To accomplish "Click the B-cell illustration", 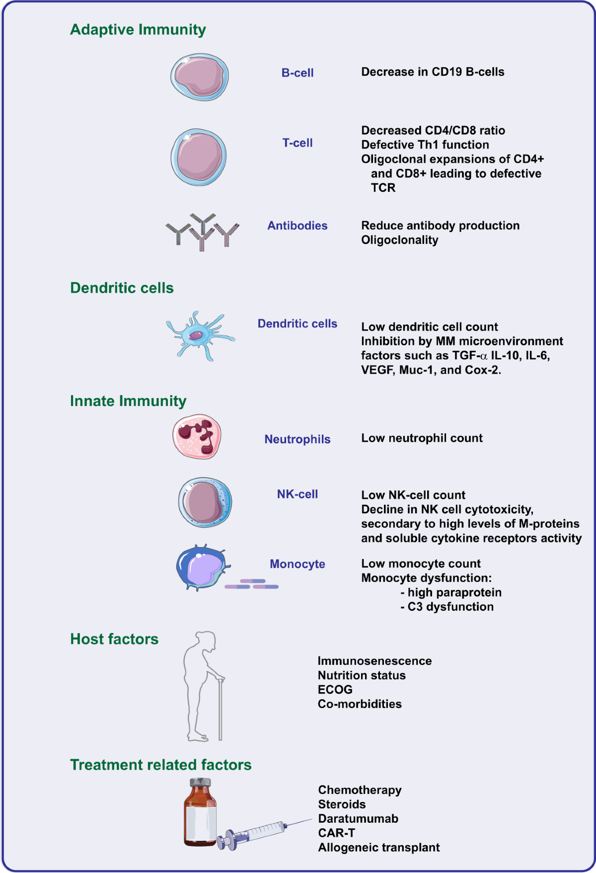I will (200, 77).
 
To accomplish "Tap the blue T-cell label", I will (298, 143).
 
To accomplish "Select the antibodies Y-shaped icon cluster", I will (202, 232).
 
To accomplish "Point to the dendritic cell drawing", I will (199, 335).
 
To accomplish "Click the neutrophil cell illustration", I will (197, 436).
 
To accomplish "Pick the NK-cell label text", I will (298, 494).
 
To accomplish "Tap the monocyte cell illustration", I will (201, 567).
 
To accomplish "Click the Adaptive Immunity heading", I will (138, 30).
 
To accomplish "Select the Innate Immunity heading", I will (128, 401).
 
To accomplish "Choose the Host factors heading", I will (114, 639).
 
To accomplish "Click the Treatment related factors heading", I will (160, 765).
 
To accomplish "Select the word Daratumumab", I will (358, 819).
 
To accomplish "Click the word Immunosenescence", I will (374, 661).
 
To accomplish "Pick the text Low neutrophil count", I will (422, 438).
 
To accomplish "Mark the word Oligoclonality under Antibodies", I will (399, 240).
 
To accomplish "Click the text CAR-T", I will (336, 833).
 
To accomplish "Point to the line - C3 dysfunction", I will (447, 607).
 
